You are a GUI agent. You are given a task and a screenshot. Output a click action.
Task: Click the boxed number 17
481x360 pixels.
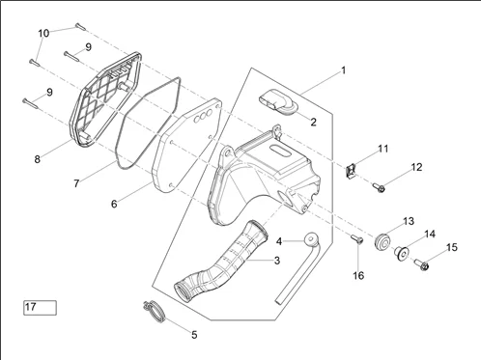coord(40,308)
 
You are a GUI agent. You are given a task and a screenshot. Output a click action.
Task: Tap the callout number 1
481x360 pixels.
coord(343,70)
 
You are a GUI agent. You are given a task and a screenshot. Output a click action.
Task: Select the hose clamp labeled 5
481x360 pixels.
coord(155,312)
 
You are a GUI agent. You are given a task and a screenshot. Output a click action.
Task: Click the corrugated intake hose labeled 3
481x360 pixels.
coord(222,261)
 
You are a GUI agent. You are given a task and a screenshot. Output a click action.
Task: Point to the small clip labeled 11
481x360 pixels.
coord(352,171)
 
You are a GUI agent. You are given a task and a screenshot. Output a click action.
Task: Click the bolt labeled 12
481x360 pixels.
coord(379,187)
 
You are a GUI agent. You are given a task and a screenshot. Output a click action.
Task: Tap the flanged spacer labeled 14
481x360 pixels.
coord(401,253)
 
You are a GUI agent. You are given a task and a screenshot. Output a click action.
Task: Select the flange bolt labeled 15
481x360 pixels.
coord(421,264)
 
